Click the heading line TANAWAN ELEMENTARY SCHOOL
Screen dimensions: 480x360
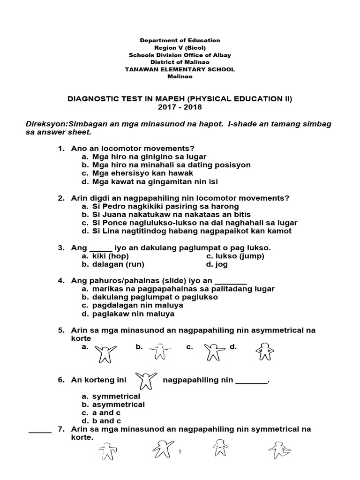(x=180, y=69)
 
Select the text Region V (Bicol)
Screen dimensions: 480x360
(x=180, y=48)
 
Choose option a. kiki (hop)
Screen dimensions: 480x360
(x=105, y=256)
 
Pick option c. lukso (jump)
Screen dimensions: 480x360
(x=235, y=256)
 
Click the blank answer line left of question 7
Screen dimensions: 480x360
(x=40, y=432)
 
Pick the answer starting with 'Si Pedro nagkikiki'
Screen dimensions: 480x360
(x=159, y=206)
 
